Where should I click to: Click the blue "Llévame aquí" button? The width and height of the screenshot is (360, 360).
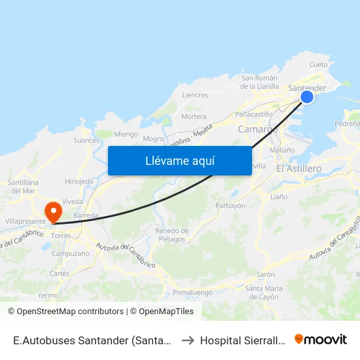click(x=179, y=160)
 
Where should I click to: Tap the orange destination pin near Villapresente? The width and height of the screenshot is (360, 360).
click(x=52, y=211)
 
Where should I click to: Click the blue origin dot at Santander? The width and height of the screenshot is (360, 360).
click(x=306, y=97)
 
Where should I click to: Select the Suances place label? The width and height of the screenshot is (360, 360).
click(x=86, y=140)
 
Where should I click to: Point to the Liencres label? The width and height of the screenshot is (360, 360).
click(x=194, y=95)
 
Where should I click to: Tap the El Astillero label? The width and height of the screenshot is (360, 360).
click(x=298, y=169)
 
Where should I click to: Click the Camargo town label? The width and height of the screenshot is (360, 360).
click(x=257, y=129)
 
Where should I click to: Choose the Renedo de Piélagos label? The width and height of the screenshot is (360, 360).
click(x=172, y=234)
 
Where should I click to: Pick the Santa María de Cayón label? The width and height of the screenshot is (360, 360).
click(x=262, y=293)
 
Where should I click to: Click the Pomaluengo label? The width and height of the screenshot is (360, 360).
click(x=190, y=291)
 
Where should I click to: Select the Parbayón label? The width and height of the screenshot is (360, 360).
click(x=230, y=206)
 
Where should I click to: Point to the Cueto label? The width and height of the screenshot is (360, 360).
click(x=318, y=65)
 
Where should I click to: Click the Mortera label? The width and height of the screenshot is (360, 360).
click(x=193, y=117)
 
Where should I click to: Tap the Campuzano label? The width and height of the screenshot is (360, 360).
click(x=70, y=253)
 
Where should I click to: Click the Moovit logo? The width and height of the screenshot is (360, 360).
click(x=320, y=340)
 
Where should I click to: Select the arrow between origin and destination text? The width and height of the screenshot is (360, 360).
click(x=187, y=340)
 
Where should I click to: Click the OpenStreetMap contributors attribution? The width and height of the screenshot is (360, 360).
click(x=65, y=312)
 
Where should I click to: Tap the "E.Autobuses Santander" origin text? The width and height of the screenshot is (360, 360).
click(x=92, y=340)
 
